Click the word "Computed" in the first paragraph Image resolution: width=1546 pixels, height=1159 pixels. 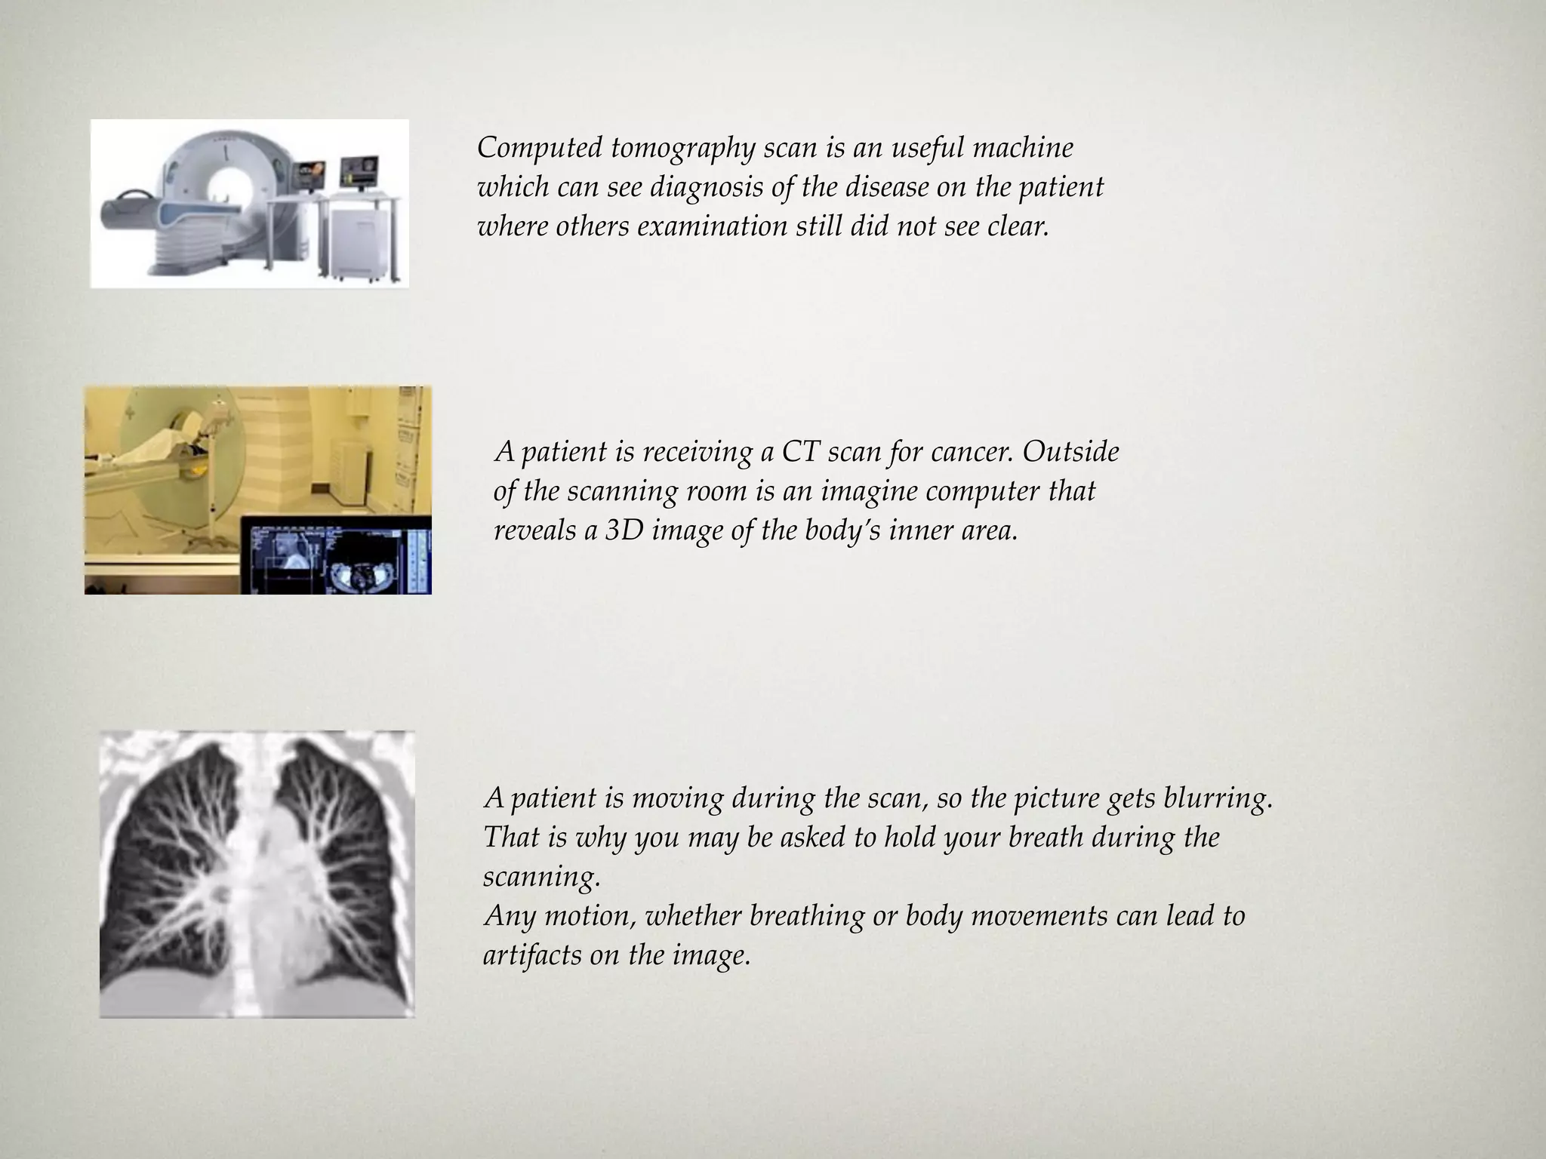(x=539, y=149)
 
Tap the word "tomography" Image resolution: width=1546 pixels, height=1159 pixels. (x=682, y=149)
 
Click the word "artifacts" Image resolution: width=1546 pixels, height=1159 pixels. (x=531, y=956)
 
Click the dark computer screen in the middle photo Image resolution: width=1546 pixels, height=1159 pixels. (x=336, y=555)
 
